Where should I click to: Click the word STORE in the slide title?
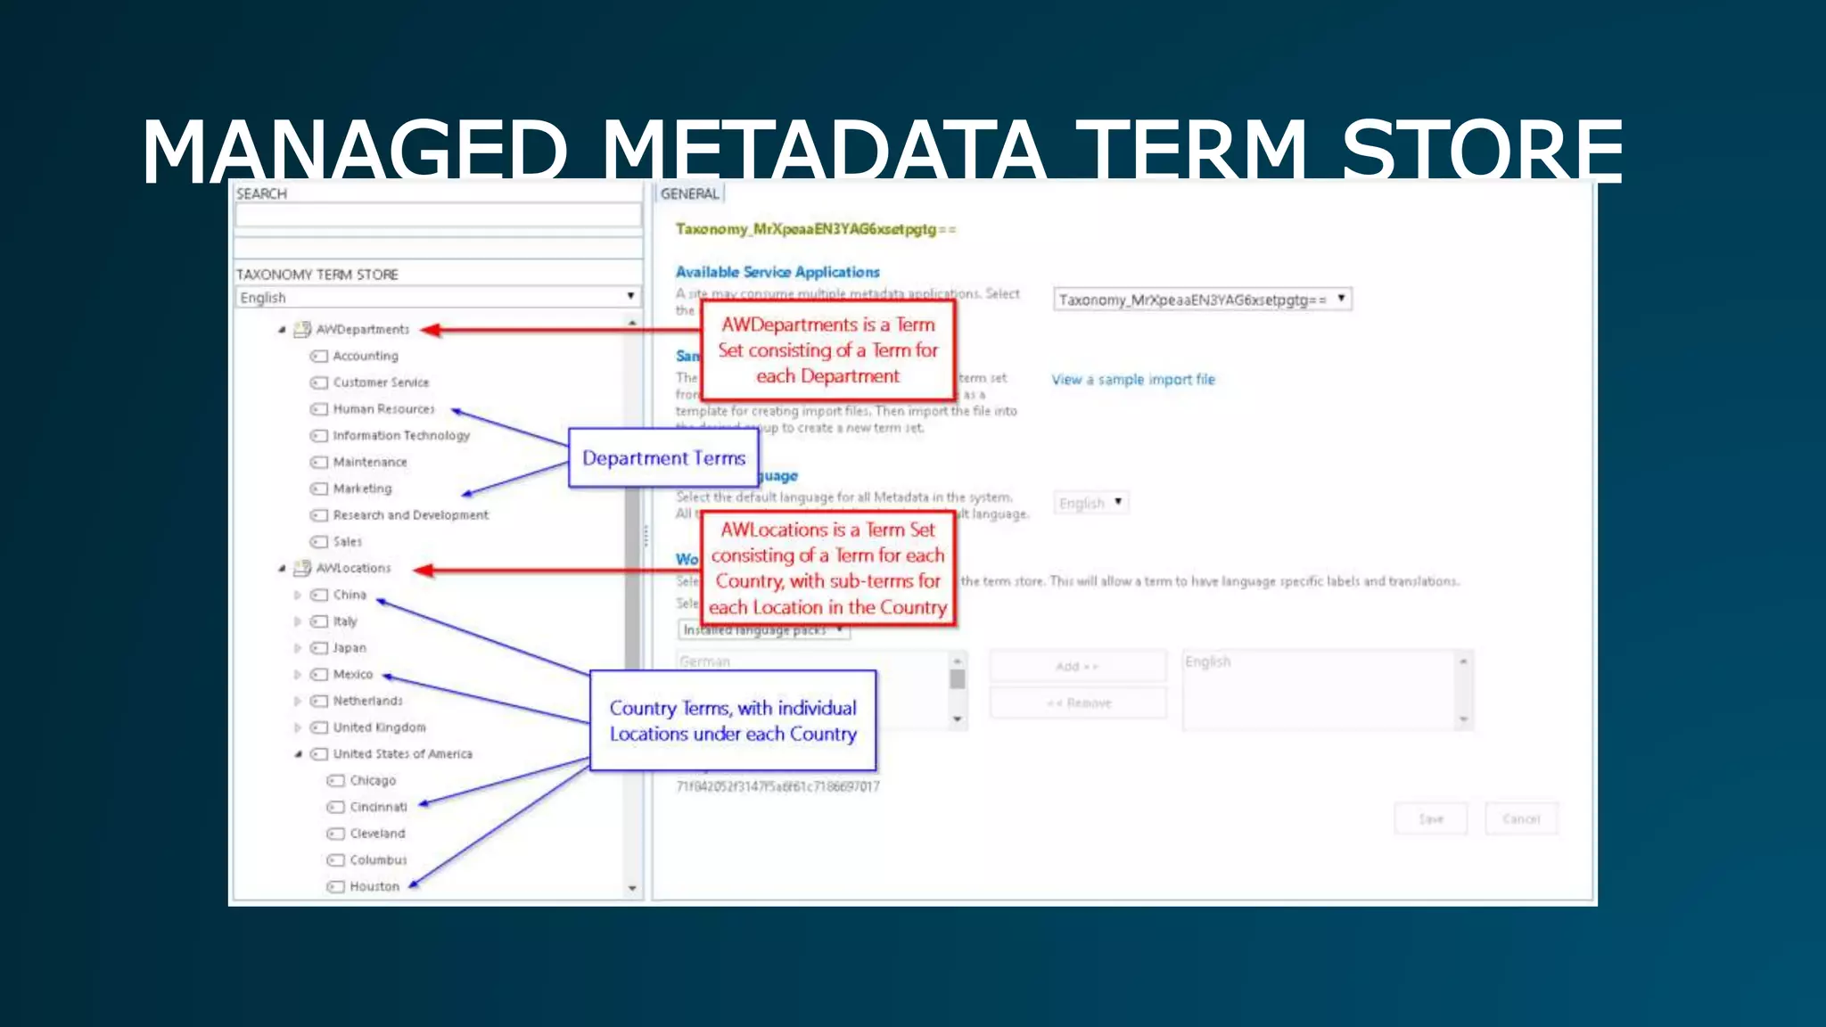(1482, 152)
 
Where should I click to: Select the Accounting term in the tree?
(365, 356)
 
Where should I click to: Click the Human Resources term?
(383, 409)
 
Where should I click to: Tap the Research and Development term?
(410, 515)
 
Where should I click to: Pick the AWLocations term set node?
(353, 568)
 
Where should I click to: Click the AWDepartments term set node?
(362, 329)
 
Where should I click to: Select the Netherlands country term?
(367, 701)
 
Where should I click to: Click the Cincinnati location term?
(378, 807)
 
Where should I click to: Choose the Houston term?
(374, 886)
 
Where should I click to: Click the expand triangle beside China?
(297, 595)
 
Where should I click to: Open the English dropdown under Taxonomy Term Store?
(438, 297)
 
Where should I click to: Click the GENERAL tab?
(689, 193)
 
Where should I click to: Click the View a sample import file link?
(1132, 380)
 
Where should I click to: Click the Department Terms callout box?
(663, 458)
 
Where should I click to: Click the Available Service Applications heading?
(777, 272)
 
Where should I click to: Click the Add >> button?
(1077, 667)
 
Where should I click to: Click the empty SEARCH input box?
(438, 215)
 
